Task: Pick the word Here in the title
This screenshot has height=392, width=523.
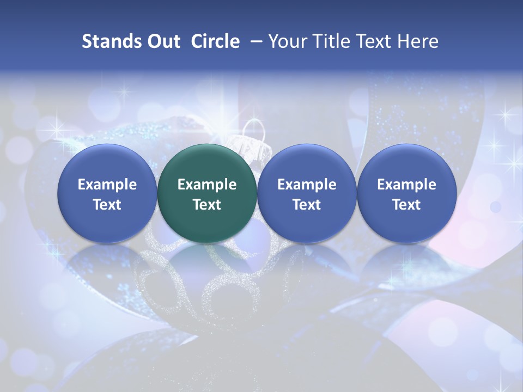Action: pos(418,41)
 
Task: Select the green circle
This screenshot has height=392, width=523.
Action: pos(207,193)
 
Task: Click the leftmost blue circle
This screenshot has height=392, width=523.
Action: pos(107,193)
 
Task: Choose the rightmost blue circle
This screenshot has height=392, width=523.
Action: pos(406,193)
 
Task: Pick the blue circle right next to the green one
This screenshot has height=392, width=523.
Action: pos(307,193)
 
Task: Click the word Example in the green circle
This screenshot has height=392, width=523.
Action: pos(207,185)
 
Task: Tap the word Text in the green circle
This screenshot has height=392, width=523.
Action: pos(207,205)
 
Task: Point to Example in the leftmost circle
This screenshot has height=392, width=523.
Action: pos(107,185)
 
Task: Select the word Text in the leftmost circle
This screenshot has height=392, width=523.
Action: pos(107,205)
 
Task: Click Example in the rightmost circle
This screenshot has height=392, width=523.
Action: pos(406,185)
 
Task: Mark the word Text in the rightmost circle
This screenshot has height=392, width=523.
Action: pos(406,205)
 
